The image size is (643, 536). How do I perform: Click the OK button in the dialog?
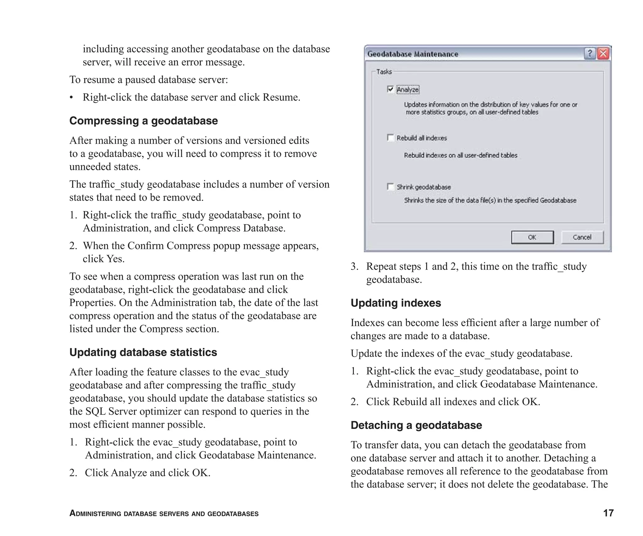532,237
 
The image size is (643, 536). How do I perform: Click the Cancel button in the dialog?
582,237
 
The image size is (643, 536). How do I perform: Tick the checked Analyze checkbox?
390,89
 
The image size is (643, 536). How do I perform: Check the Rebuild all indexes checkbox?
390,138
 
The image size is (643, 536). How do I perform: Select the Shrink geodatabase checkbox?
390,187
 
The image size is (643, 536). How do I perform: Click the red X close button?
603,54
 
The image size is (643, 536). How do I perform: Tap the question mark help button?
590,54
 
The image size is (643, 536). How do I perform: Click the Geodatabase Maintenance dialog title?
413,54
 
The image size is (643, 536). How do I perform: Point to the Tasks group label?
384,72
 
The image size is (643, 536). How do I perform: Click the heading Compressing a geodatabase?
143,121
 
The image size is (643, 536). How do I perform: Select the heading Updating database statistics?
143,352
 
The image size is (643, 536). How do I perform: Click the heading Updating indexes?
396,303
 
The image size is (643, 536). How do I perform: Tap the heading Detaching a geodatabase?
416,425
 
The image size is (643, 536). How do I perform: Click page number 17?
608,513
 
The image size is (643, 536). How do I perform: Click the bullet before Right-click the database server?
72,98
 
